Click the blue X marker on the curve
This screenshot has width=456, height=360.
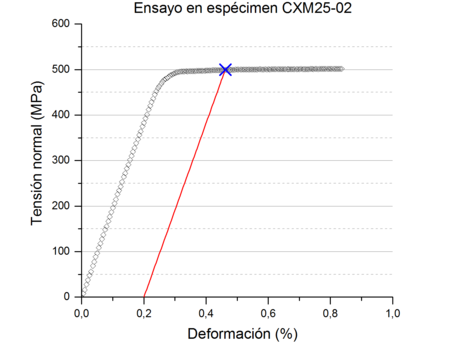(225, 69)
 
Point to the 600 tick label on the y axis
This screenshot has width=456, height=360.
(63, 23)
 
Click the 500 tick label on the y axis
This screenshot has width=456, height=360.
(63, 69)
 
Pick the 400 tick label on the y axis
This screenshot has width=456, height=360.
(63, 114)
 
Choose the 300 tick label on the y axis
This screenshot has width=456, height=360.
(63, 160)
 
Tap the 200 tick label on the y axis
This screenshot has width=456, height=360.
(63, 205)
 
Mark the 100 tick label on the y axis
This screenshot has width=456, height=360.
(63, 251)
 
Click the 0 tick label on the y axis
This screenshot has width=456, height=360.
(69, 296)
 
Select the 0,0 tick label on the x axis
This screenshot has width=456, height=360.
(82, 311)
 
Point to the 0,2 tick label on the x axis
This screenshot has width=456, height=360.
(144, 311)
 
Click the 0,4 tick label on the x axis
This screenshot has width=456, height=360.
(206, 311)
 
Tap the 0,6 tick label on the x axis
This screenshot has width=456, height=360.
(268, 311)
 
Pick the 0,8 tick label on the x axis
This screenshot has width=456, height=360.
(330, 311)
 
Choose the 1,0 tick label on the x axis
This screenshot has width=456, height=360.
(393, 311)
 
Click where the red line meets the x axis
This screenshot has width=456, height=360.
(144, 296)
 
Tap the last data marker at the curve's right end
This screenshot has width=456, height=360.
(340, 69)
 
